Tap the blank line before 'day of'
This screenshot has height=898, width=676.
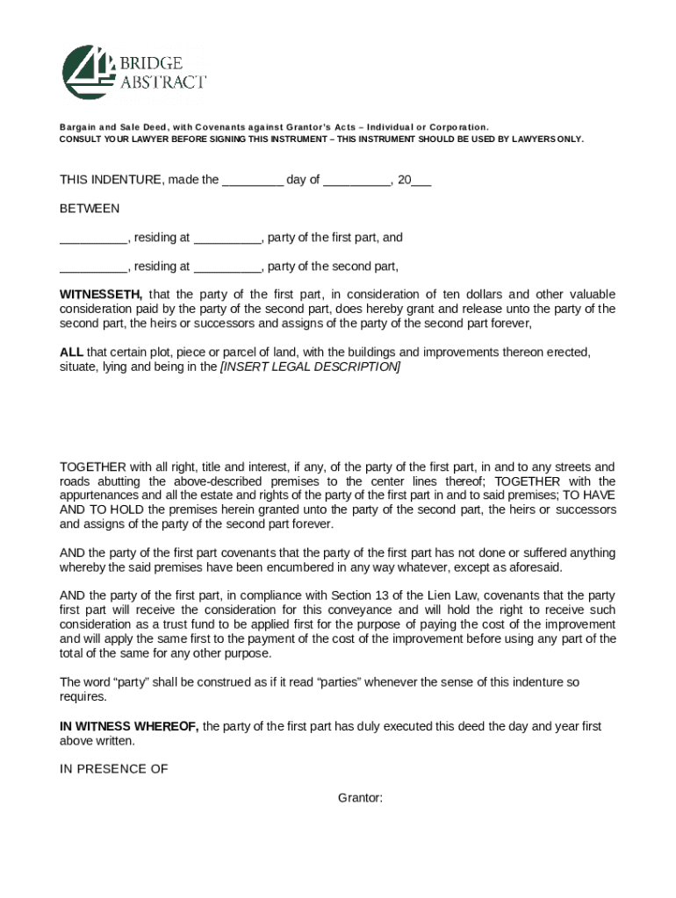[252, 182]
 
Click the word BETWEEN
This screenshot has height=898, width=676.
[90, 209]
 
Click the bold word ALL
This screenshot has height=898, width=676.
[71, 353]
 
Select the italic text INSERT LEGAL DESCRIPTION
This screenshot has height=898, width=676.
[310, 367]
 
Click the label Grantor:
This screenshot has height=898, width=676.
[360, 798]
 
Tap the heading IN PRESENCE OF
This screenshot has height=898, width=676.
[113, 769]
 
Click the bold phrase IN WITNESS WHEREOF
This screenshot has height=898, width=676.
[129, 726]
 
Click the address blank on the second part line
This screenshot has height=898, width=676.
[227, 267]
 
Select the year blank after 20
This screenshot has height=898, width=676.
[421, 182]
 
